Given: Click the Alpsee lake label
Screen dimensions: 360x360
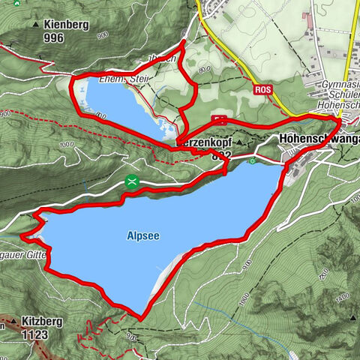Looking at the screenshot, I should click(x=142, y=235).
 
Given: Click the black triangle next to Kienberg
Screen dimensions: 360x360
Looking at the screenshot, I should click(x=35, y=24).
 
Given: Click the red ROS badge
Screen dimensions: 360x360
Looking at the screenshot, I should click(x=262, y=90).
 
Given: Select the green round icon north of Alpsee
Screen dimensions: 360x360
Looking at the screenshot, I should click(x=132, y=181).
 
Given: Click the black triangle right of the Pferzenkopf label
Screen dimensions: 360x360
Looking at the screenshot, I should click(x=239, y=142).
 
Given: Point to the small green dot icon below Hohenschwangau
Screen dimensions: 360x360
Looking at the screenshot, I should click(x=253, y=160).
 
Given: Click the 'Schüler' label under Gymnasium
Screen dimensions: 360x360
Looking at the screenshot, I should click(x=341, y=97).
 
